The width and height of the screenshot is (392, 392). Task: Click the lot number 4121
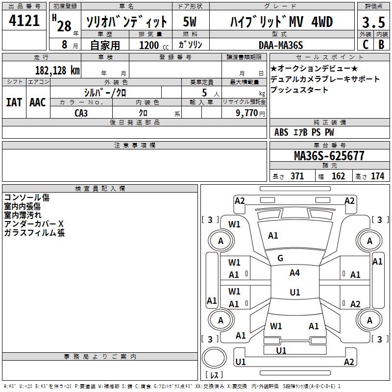24,21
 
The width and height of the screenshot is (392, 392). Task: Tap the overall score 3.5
373,23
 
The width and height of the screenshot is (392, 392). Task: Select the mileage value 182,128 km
57,70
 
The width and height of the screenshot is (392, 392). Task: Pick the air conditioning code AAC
38,102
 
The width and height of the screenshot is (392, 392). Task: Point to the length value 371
297,176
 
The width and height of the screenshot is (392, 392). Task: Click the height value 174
377,176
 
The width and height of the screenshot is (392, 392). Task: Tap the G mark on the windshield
280,258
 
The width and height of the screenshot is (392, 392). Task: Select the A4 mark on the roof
294,273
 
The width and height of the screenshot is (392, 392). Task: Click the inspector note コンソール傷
26,197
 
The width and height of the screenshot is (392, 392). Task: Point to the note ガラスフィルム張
34,233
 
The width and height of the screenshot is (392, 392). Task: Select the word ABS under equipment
281,132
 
